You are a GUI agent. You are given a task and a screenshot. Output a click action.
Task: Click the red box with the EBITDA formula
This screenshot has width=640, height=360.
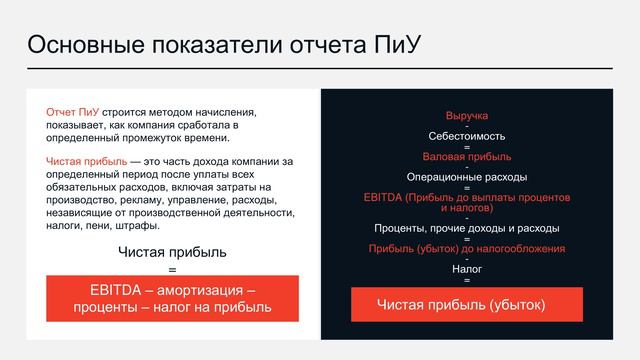point(172,298)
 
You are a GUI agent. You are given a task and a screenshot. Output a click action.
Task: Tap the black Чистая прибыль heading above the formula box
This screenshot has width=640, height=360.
point(172,251)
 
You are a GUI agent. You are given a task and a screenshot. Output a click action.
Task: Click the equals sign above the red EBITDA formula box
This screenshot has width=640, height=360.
point(172,269)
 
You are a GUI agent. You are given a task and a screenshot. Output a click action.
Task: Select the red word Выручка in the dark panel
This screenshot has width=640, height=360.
point(466,116)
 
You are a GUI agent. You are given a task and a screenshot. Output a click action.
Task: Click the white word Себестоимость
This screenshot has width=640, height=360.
point(466,136)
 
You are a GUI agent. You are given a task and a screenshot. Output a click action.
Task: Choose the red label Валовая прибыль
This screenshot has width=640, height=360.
point(466,156)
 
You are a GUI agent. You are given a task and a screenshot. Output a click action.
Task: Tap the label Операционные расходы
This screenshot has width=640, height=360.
point(466,177)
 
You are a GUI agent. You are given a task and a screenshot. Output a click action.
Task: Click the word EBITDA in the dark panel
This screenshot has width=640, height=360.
point(384,197)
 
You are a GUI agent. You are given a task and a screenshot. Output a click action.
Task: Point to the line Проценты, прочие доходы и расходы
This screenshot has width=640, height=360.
point(466,228)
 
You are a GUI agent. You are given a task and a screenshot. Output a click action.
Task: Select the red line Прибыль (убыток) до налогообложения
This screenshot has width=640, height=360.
point(466,248)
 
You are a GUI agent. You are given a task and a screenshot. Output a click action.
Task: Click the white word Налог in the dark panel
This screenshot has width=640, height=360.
point(466,269)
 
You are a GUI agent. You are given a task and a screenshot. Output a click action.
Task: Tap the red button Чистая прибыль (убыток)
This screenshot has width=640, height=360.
point(466,303)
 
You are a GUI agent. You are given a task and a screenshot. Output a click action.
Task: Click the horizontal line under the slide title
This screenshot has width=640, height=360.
point(320,68)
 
